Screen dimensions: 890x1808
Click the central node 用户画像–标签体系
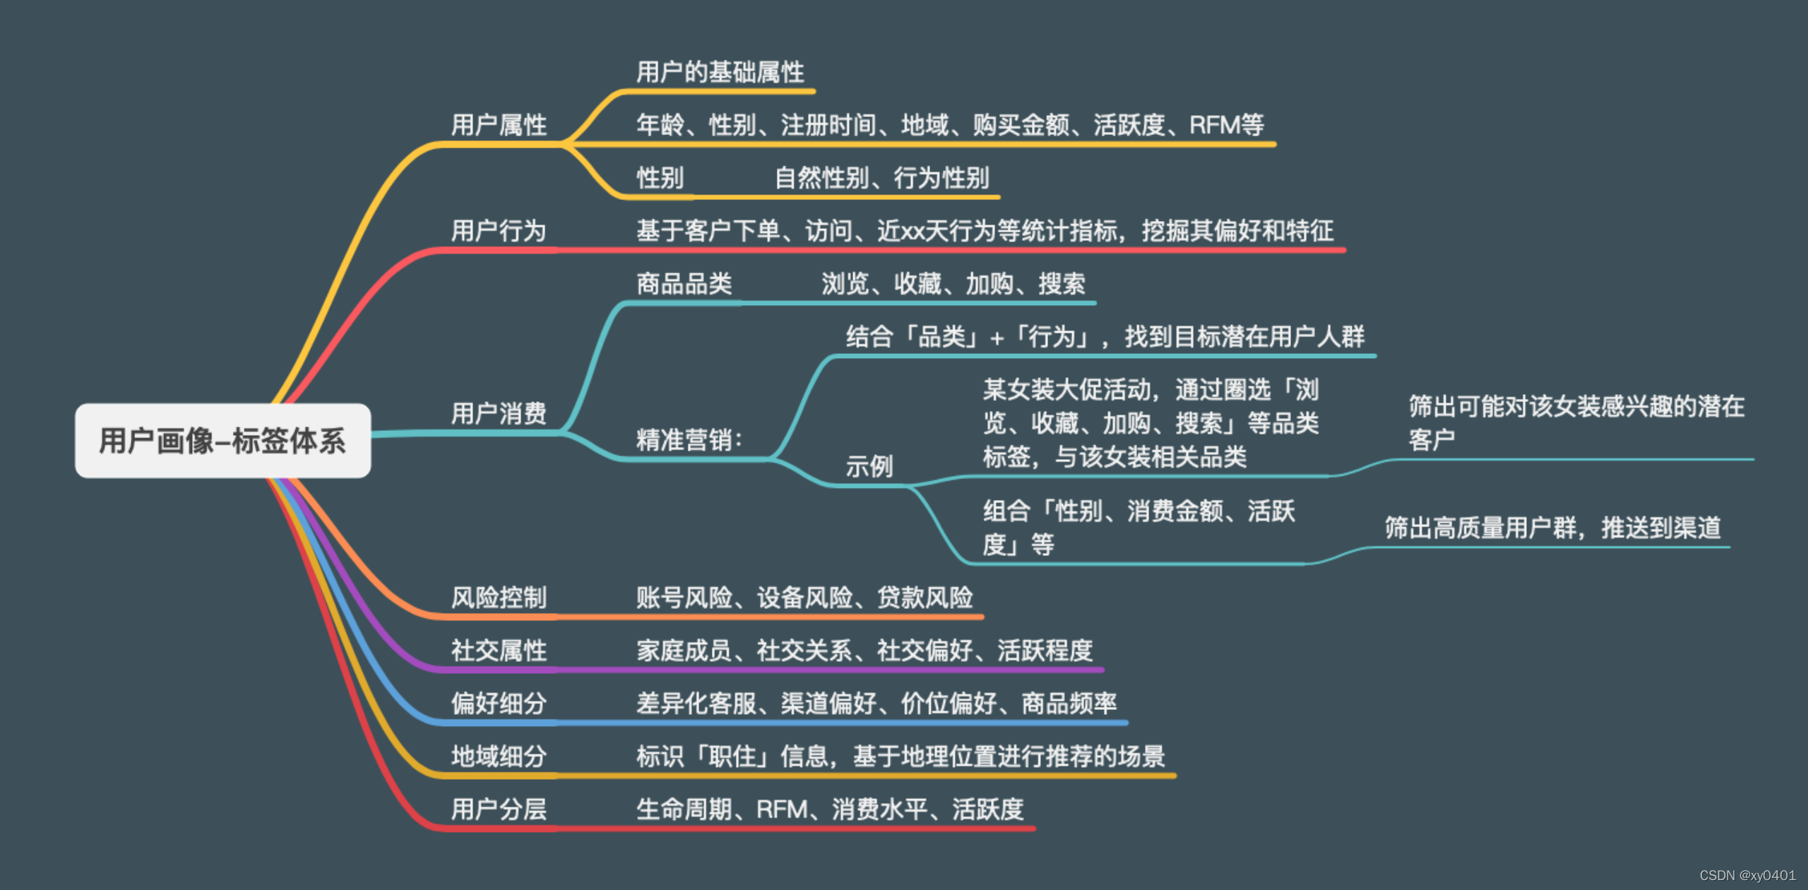(222, 441)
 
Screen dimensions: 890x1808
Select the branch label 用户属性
(499, 125)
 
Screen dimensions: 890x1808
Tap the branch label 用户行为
(499, 231)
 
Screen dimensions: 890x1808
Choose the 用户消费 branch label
(499, 413)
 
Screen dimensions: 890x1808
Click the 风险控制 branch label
(499, 598)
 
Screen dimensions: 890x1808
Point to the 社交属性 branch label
(499, 651)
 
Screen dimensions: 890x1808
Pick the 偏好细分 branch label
(499, 704)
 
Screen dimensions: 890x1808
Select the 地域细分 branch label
(499, 756)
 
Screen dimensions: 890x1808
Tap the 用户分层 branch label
(499, 809)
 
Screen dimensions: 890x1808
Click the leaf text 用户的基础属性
(720, 72)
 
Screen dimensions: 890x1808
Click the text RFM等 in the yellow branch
(1227, 125)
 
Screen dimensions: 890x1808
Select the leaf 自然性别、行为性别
(881, 178)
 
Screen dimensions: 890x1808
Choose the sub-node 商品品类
(684, 284)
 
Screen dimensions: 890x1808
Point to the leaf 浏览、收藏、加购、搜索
(953, 284)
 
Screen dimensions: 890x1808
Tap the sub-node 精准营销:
(689, 440)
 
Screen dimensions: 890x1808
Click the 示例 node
(869, 466)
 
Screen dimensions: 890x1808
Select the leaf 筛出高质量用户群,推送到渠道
(1552, 528)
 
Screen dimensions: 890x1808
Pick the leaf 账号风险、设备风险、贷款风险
(804, 598)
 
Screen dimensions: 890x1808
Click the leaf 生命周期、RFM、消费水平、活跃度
(830, 809)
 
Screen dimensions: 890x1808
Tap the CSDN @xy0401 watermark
(1747, 876)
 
